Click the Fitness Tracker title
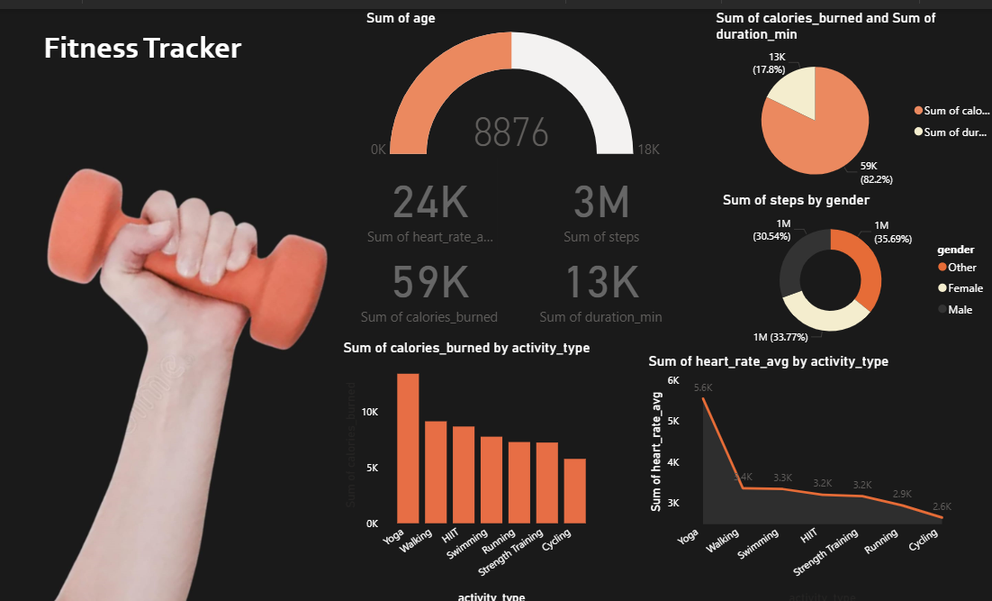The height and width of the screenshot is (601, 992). (142, 48)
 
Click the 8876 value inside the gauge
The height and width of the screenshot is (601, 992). (511, 133)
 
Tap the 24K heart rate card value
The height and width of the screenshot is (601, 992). (430, 202)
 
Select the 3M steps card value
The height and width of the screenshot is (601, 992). (601, 202)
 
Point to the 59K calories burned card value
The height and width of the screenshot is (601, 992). (430, 282)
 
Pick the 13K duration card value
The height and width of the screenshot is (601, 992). (601, 282)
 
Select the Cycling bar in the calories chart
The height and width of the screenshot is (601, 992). (574, 490)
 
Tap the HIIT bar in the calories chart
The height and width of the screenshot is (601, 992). (464, 474)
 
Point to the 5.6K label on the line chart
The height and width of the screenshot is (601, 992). (703, 387)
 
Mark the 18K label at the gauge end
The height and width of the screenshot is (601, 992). (648, 150)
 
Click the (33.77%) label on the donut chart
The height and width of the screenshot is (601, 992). (785, 337)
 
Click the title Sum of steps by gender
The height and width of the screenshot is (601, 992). (796, 200)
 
